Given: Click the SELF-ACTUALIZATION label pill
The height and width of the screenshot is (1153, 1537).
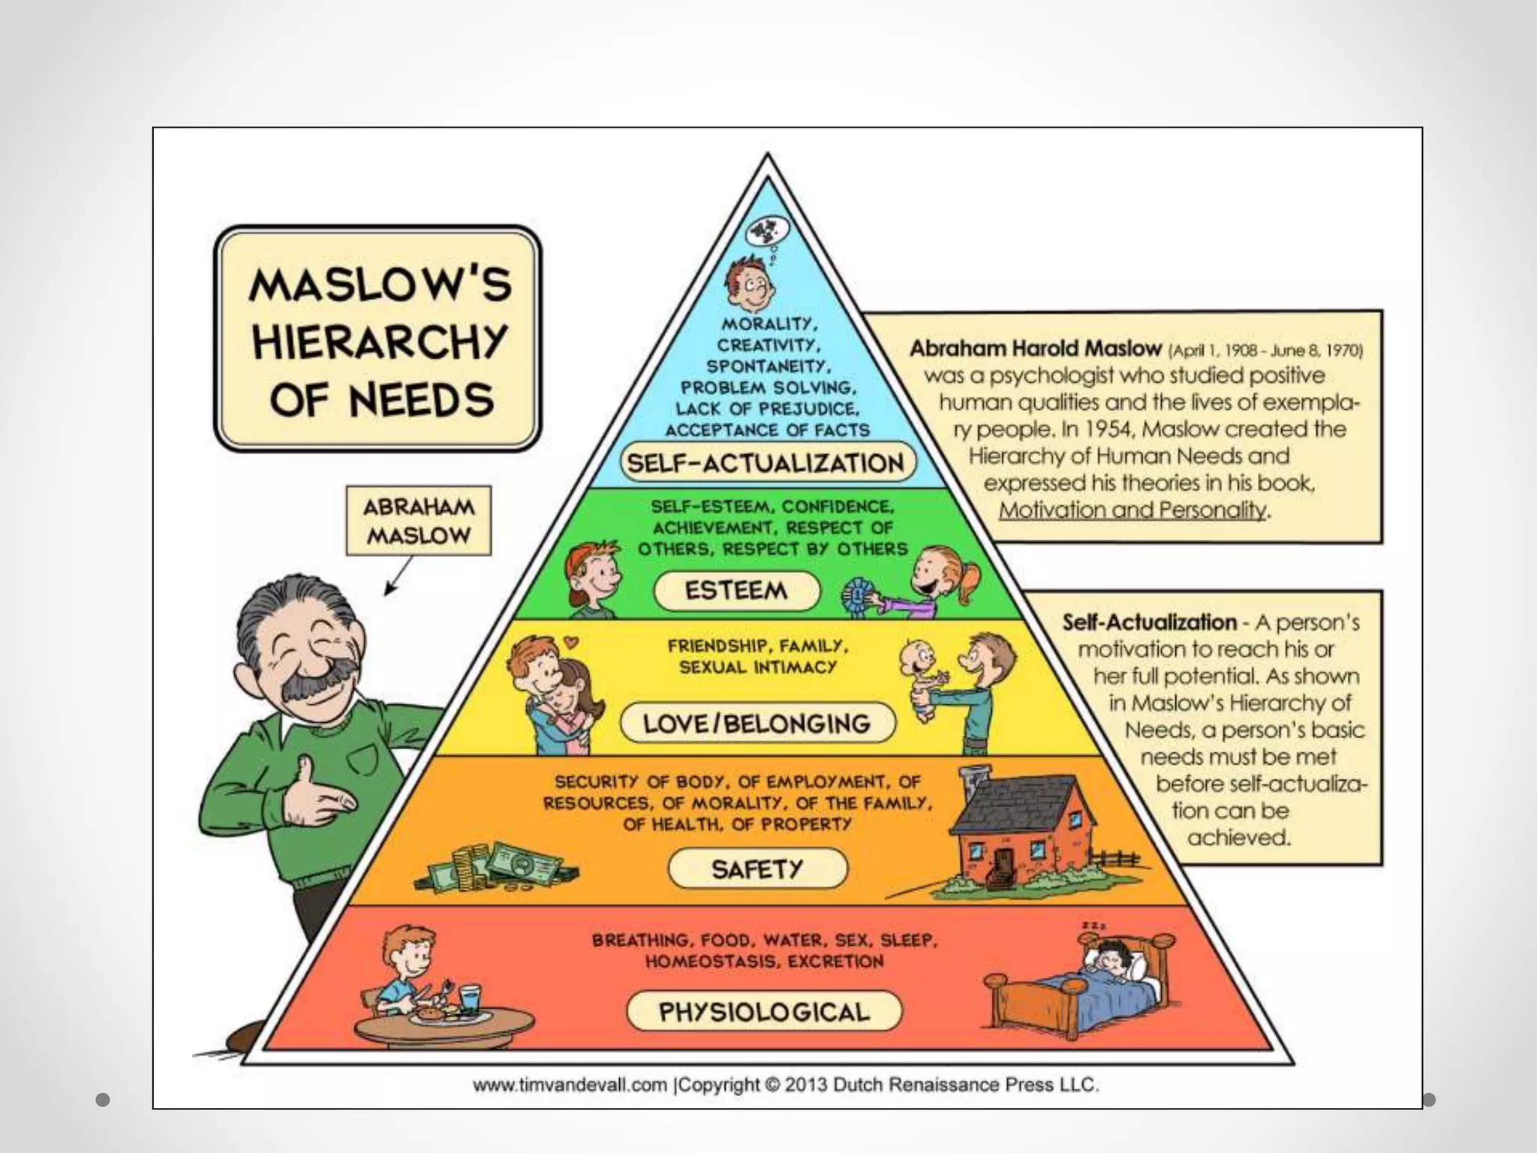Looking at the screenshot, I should coord(767,462).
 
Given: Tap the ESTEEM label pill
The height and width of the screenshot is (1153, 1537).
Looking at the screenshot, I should coord(737,591).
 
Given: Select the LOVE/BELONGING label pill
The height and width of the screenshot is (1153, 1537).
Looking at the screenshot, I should coord(757,723).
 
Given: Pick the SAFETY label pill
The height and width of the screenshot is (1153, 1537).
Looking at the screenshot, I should coord(757,869).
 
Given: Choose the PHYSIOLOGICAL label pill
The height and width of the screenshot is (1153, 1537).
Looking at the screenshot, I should coord(764,1012).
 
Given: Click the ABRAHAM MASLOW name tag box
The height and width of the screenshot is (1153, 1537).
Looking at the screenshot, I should coord(419,521).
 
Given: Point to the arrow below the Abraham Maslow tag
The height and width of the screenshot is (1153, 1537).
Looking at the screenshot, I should coord(398,576).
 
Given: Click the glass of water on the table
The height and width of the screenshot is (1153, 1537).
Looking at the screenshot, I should coord(470,999).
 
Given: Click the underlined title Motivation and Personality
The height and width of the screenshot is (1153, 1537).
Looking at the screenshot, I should coord(1132,510).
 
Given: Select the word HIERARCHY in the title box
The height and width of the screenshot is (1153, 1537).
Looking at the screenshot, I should coord(380,342).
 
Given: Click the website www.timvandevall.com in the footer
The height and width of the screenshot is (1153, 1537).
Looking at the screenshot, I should coord(570,1085).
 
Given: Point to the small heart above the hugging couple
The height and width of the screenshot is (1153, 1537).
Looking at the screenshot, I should coord(573,643).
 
